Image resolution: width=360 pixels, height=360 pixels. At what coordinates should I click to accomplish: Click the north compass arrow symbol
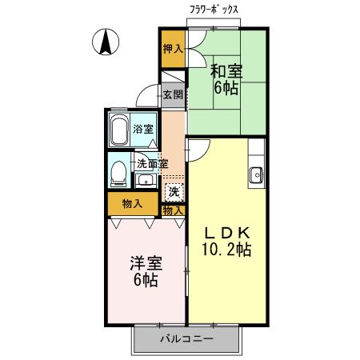[x=105, y=42]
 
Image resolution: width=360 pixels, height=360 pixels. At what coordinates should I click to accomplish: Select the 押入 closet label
[x=173, y=49]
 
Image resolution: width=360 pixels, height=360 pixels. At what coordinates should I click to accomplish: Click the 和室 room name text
[x=225, y=71]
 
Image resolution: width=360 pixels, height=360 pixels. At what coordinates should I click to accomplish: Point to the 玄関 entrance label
[x=173, y=94]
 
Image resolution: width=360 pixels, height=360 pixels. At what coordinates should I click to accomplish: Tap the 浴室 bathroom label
[x=144, y=128]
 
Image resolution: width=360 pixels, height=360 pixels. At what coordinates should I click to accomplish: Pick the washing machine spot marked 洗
[x=173, y=192]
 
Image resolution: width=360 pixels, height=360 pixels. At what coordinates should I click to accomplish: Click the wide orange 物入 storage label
[x=133, y=204]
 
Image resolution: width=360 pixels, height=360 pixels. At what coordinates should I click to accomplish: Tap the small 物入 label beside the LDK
[x=173, y=210]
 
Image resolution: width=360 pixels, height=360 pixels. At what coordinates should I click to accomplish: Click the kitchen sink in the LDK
[x=258, y=174]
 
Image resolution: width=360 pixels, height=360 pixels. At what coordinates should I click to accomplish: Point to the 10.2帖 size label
[x=226, y=250]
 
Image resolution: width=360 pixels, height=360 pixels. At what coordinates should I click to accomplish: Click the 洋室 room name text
[x=146, y=263]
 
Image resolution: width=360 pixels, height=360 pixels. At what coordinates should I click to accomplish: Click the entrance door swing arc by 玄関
[x=146, y=95]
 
